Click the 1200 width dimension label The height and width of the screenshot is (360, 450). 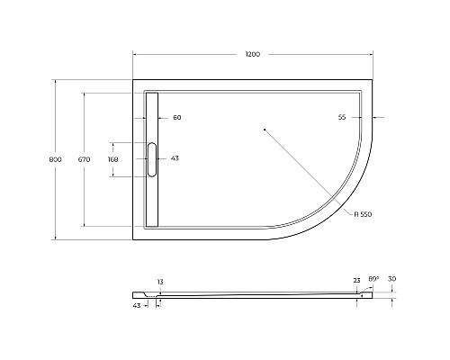click(253, 54)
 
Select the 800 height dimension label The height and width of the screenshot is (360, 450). click(55, 159)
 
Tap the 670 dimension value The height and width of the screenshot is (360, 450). click(84, 159)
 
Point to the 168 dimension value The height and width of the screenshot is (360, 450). click(113, 159)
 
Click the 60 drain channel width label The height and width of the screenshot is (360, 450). click(177, 118)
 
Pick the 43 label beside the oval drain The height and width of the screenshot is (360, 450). click(175, 158)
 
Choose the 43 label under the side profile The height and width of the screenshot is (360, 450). click(137, 306)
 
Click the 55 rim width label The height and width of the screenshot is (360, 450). click(342, 117)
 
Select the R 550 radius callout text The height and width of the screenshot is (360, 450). click(363, 214)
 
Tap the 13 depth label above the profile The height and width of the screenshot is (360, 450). click(160, 282)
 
